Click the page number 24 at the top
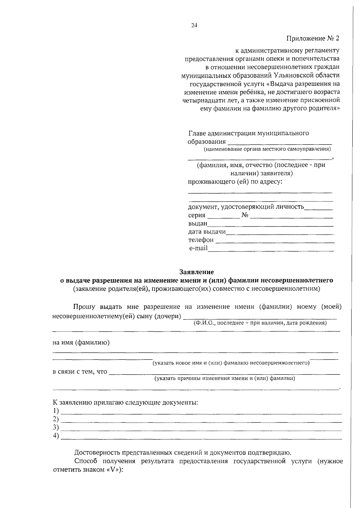click(x=194, y=26)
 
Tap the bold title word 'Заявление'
click(x=196, y=272)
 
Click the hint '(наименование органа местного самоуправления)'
click(x=267, y=149)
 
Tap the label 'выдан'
click(x=198, y=223)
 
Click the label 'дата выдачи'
click(x=207, y=231)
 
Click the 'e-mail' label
click(x=198, y=248)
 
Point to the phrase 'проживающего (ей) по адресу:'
click(x=235, y=182)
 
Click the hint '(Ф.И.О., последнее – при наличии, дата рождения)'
click(x=260, y=323)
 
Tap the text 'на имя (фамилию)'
click(x=81, y=342)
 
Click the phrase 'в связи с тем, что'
click(x=80, y=372)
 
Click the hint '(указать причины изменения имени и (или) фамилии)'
click(x=225, y=378)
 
